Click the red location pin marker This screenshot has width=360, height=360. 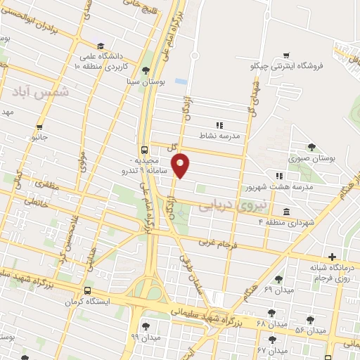point(181,165)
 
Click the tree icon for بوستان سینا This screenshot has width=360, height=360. point(146,70)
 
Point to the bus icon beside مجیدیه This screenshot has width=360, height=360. point(144,150)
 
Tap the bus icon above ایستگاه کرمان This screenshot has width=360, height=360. point(88,290)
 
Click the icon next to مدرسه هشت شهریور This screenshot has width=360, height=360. point(279,176)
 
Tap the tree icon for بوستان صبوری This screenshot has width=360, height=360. point(311,147)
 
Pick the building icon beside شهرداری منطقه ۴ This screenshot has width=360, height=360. point(287,212)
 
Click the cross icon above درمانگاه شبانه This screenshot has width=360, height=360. point(332,257)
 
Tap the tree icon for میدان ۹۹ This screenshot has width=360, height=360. point(146,326)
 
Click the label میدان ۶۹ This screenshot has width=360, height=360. point(258,290)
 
